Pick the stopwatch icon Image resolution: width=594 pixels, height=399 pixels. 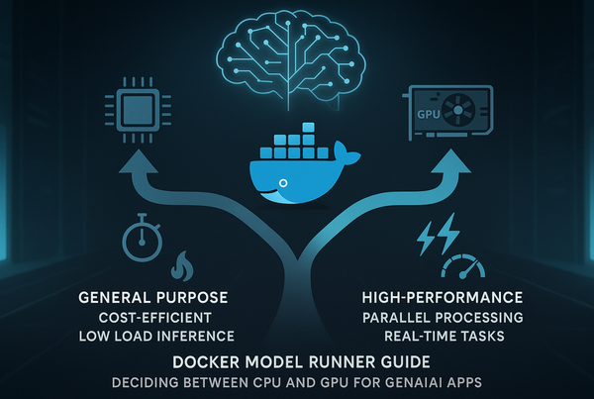(x=141, y=239)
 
